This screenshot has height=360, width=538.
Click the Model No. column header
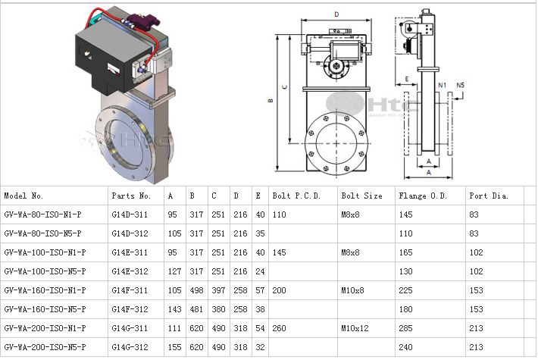pos(29,196)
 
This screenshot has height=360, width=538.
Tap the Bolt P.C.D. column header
pos(296,196)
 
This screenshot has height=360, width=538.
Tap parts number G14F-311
pos(130,290)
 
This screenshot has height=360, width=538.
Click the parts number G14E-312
pos(130,271)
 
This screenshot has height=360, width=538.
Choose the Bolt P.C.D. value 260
pos(280,328)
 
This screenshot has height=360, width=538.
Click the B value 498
pos(197,290)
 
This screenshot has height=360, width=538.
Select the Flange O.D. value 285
pos(407,328)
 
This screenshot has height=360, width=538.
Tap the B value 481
pos(197,309)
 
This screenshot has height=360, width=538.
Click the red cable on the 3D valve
pos(161,30)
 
